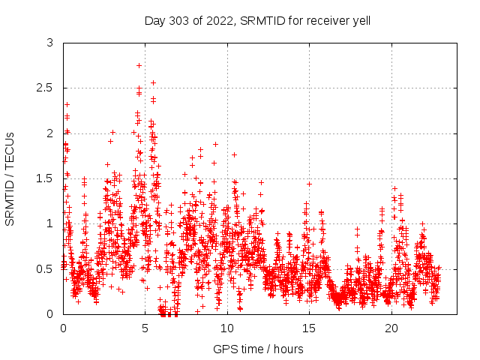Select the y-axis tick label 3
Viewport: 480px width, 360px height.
click(50, 43)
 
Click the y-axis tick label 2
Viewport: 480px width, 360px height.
click(50, 133)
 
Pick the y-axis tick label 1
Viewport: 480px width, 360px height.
click(50, 223)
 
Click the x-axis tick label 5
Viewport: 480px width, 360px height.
click(145, 328)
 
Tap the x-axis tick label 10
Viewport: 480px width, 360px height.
click(227, 328)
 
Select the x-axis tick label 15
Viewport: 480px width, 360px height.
click(310, 328)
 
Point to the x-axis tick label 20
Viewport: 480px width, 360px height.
click(391, 328)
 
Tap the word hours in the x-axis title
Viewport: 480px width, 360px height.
click(289, 349)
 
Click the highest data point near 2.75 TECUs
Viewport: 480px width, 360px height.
click(139, 65)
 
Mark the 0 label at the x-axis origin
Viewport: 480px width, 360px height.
click(63, 328)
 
